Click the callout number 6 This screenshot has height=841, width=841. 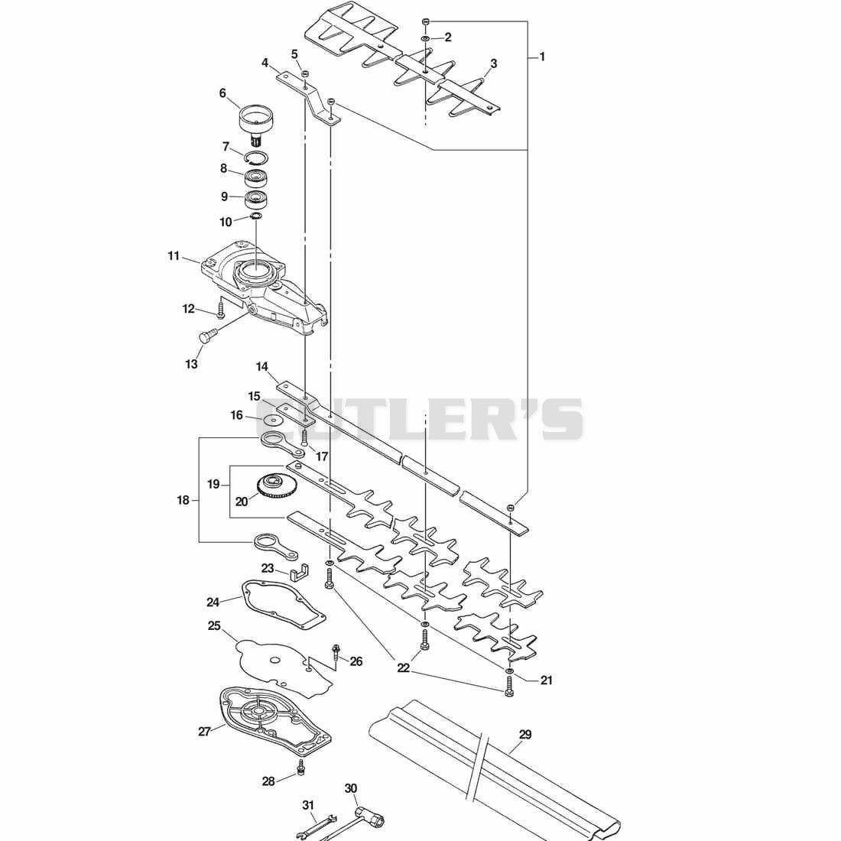pos(222,93)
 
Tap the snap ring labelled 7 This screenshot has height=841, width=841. pos(256,157)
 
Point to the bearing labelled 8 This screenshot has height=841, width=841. pos(256,177)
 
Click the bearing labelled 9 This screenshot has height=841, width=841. pos(256,200)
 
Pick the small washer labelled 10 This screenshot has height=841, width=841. pos(256,216)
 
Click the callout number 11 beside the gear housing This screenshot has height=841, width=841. pos(174,256)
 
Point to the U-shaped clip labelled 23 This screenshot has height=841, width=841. pos(300,573)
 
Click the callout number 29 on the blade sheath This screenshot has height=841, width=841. pos(524,734)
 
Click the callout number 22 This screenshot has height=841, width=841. pos(403,667)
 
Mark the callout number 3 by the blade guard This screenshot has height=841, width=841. pos(493,63)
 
